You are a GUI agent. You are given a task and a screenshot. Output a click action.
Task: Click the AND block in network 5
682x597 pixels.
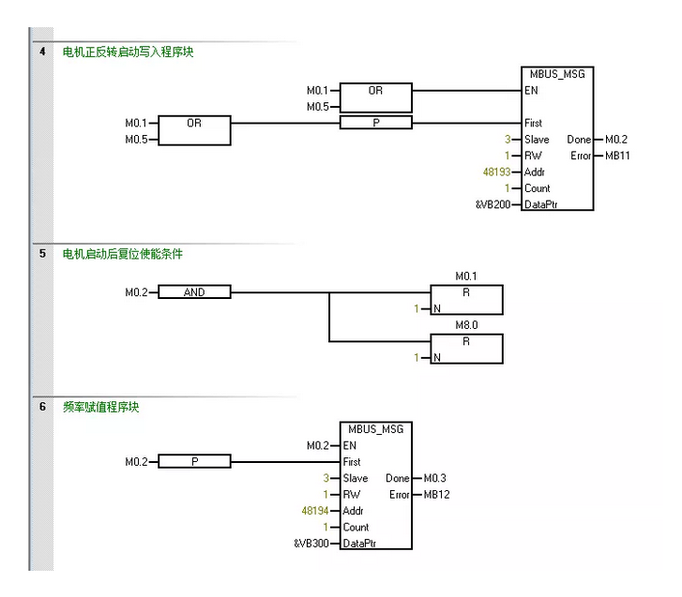(x=194, y=292)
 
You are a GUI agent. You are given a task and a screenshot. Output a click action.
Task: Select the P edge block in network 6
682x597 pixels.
(x=194, y=462)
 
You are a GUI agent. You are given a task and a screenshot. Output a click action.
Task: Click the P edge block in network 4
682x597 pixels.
(x=375, y=123)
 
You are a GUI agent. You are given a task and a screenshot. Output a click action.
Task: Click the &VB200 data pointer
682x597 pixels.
(x=493, y=204)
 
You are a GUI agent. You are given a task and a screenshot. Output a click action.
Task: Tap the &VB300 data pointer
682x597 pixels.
(x=311, y=544)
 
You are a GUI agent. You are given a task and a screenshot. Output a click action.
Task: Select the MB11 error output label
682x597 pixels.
(x=617, y=156)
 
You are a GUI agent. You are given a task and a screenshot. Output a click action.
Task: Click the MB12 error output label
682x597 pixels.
(x=437, y=494)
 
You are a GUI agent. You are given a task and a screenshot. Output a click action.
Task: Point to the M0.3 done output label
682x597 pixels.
(x=436, y=478)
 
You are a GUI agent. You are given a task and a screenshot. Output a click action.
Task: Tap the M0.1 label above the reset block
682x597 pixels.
(x=466, y=276)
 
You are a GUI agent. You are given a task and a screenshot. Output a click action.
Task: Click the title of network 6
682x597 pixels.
(x=101, y=408)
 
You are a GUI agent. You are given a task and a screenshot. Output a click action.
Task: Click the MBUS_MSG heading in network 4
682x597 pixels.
(x=557, y=73)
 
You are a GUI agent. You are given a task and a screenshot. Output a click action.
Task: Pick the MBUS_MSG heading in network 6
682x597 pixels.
(x=375, y=428)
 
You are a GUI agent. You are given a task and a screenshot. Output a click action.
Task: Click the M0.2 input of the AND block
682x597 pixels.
(x=137, y=292)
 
